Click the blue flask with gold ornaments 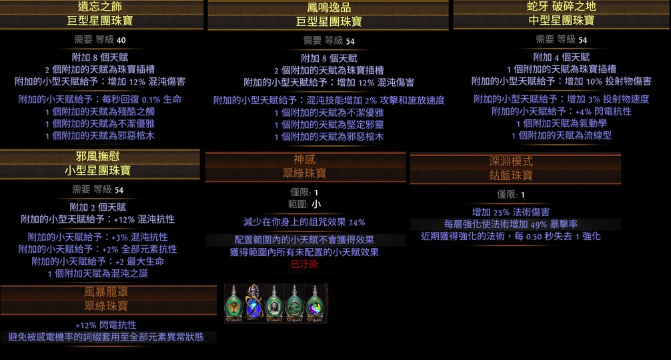pyautogui.click(x=253, y=303)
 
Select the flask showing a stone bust pyautogui.click(x=274, y=304)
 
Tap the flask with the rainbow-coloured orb pyautogui.click(x=315, y=304)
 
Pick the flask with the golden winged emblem pyautogui.click(x=233, y=304)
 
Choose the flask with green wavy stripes pyautogui.click(x=294, y=304)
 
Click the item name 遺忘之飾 pyautogui.click(x=99, y=7)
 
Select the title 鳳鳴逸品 pyautogui.click(x=329, y=7)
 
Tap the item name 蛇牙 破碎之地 pyautogui.click(x=561, y=7)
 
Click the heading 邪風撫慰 pyautogui.click(x=97, y=157)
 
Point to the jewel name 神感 pyautogui.click(x=304, y=159)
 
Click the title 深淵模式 pyautogui.click(x=511, y=161)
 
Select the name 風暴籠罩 pyautogui.click(x=105, y=292)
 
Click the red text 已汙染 pyautogui.click(x=304, y=264)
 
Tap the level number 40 pyautogui.click(x=121, y=40)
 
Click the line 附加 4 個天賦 pyautogui.click(x=561, y=57)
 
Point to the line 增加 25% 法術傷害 pyautogui.click(x=510, y=212)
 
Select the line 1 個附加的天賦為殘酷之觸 pyautogui.click(x=99, y=111)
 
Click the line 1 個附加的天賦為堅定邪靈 pyautogui.click(x=329, y=125)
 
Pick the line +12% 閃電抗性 pyautogui.click(x=105, y=325)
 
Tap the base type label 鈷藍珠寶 pyautogui.click(x=511, y=175)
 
